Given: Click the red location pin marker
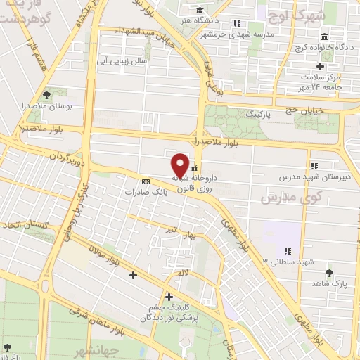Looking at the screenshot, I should click(x=180, y=165).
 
